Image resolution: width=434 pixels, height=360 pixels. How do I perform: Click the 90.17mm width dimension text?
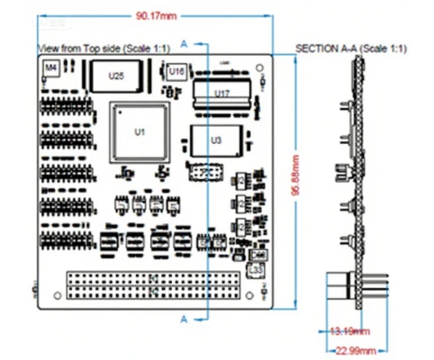156,16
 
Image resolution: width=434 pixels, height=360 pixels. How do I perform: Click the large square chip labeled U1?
139,131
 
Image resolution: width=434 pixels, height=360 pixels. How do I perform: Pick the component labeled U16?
176,70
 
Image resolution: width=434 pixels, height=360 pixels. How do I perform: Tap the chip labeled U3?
214,140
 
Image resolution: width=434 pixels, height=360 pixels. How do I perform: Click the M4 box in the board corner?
51,67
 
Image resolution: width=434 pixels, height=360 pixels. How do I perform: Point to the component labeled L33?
255,269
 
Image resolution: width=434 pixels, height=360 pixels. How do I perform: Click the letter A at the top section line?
184,42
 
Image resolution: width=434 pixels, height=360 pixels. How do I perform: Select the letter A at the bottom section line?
184,319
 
